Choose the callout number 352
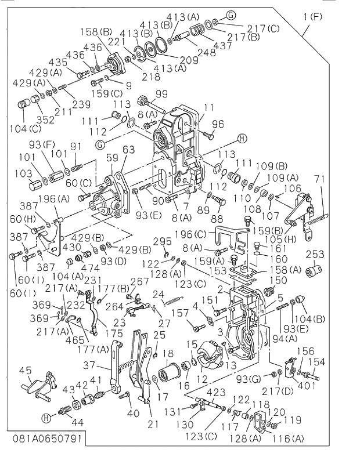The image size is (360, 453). (x=45, y=120)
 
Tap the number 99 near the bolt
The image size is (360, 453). (x=161, y=94)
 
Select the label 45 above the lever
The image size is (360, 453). (x=25, y=371)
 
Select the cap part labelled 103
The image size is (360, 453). (x=39, y=189)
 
